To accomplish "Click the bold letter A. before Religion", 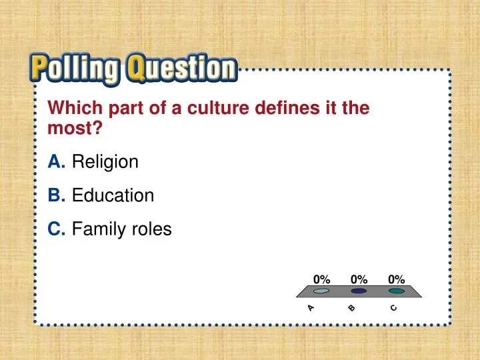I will click(57, 161).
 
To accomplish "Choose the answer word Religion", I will click(105, 161).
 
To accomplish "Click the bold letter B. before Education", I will click(57, 196).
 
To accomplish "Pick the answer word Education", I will click(113, 196).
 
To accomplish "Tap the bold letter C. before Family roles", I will click(57, 229).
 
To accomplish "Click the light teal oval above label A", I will click(321, 291).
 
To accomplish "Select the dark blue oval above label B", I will click(359, 291).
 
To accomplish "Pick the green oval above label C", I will click(397, 291).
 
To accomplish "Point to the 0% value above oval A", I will click(321, 279).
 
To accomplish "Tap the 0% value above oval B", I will click(359, 279).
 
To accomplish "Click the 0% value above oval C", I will click(397, 279).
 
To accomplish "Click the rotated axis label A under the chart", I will click(311, 308).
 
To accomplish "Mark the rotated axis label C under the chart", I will click(394, 308).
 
